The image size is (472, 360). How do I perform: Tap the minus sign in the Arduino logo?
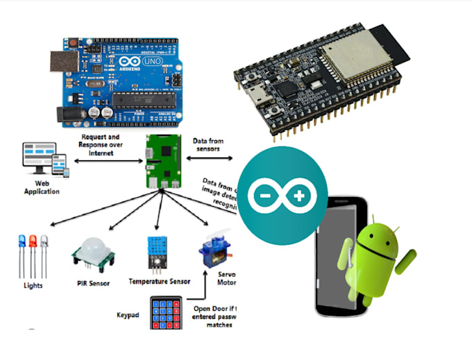tap(263, 196)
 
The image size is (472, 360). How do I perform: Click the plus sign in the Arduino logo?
tap(299, 196)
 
